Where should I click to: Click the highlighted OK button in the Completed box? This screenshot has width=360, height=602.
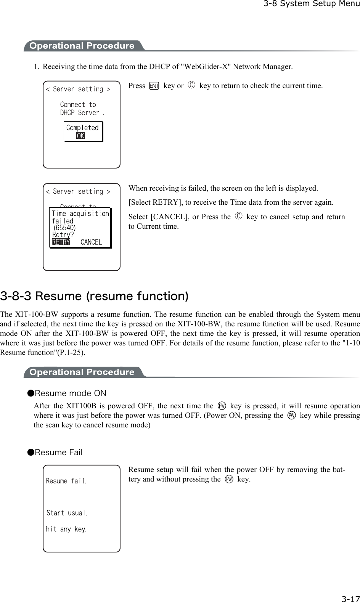coord(80,136)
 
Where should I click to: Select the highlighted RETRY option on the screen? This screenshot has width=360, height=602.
coord(61,242)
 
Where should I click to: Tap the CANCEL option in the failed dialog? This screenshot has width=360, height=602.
coord(91,242)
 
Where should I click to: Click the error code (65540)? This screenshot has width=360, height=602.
coord(64,228)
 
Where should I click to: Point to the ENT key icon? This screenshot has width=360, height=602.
coord(154,86)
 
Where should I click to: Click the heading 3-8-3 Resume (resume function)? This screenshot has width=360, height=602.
coord(94,296)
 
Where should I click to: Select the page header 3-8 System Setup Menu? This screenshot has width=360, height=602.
coord(311,4)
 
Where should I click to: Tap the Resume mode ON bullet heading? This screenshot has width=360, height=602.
coord(70,393)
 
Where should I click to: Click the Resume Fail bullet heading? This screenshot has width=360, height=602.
coord(58,453)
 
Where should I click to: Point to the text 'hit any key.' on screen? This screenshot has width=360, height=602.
coord(66,529)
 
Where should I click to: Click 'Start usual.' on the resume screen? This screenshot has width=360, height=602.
coord(67,513)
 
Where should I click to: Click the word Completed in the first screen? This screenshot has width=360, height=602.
coord(82,128)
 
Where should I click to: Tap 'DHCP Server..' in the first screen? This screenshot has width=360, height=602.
coord(82,113)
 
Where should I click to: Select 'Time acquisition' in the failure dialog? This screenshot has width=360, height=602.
coord(80,214)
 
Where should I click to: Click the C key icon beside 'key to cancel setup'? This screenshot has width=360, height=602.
coord(239,217)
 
